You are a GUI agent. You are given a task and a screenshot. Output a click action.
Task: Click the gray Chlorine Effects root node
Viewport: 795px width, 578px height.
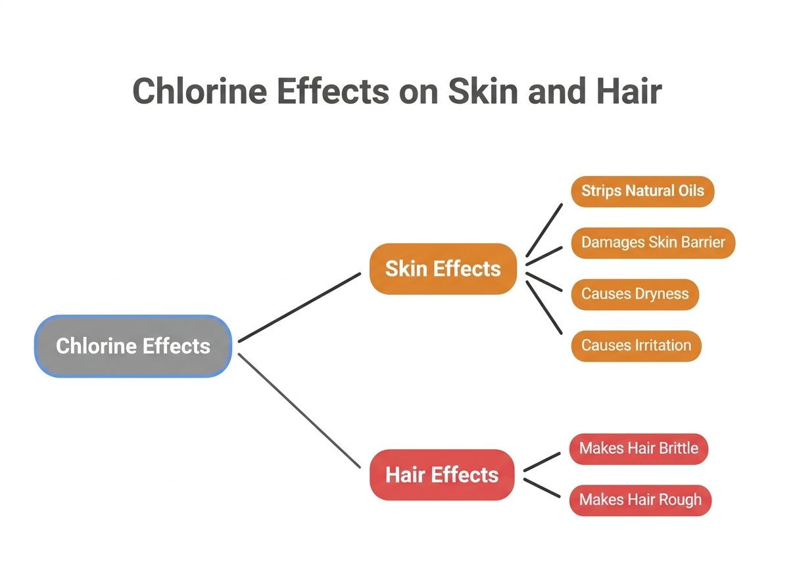tap(133, 346)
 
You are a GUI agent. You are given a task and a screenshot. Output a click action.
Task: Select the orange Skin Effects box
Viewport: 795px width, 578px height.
tap(443, 269)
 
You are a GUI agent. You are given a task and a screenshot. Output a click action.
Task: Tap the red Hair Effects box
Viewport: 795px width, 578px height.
tap(442, 475)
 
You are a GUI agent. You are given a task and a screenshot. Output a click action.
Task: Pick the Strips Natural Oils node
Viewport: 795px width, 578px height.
tap(642, 191)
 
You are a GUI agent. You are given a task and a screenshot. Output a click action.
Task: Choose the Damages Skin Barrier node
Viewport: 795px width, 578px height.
tap(653, 242)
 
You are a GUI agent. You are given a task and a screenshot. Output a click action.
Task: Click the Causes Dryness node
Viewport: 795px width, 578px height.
tap(635, 294)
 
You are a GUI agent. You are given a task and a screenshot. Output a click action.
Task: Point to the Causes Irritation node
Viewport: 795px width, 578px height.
tap(636, 345)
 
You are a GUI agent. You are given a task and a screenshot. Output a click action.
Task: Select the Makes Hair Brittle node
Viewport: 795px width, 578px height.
tap(638, 449)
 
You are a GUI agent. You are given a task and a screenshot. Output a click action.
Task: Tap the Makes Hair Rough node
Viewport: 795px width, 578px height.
tap(640, 500)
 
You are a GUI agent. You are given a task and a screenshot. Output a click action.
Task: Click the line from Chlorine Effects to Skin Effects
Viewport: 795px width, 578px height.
tap(299, 307)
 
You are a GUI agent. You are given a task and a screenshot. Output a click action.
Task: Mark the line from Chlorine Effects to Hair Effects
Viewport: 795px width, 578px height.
tap(299, 411)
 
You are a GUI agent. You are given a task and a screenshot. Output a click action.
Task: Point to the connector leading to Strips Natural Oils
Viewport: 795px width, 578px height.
tap(544, 230)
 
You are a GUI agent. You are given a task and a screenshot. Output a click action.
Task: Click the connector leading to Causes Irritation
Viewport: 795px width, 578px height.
tap(544, 307)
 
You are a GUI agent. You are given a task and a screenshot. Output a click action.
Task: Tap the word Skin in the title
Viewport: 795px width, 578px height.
tap(477, 91)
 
